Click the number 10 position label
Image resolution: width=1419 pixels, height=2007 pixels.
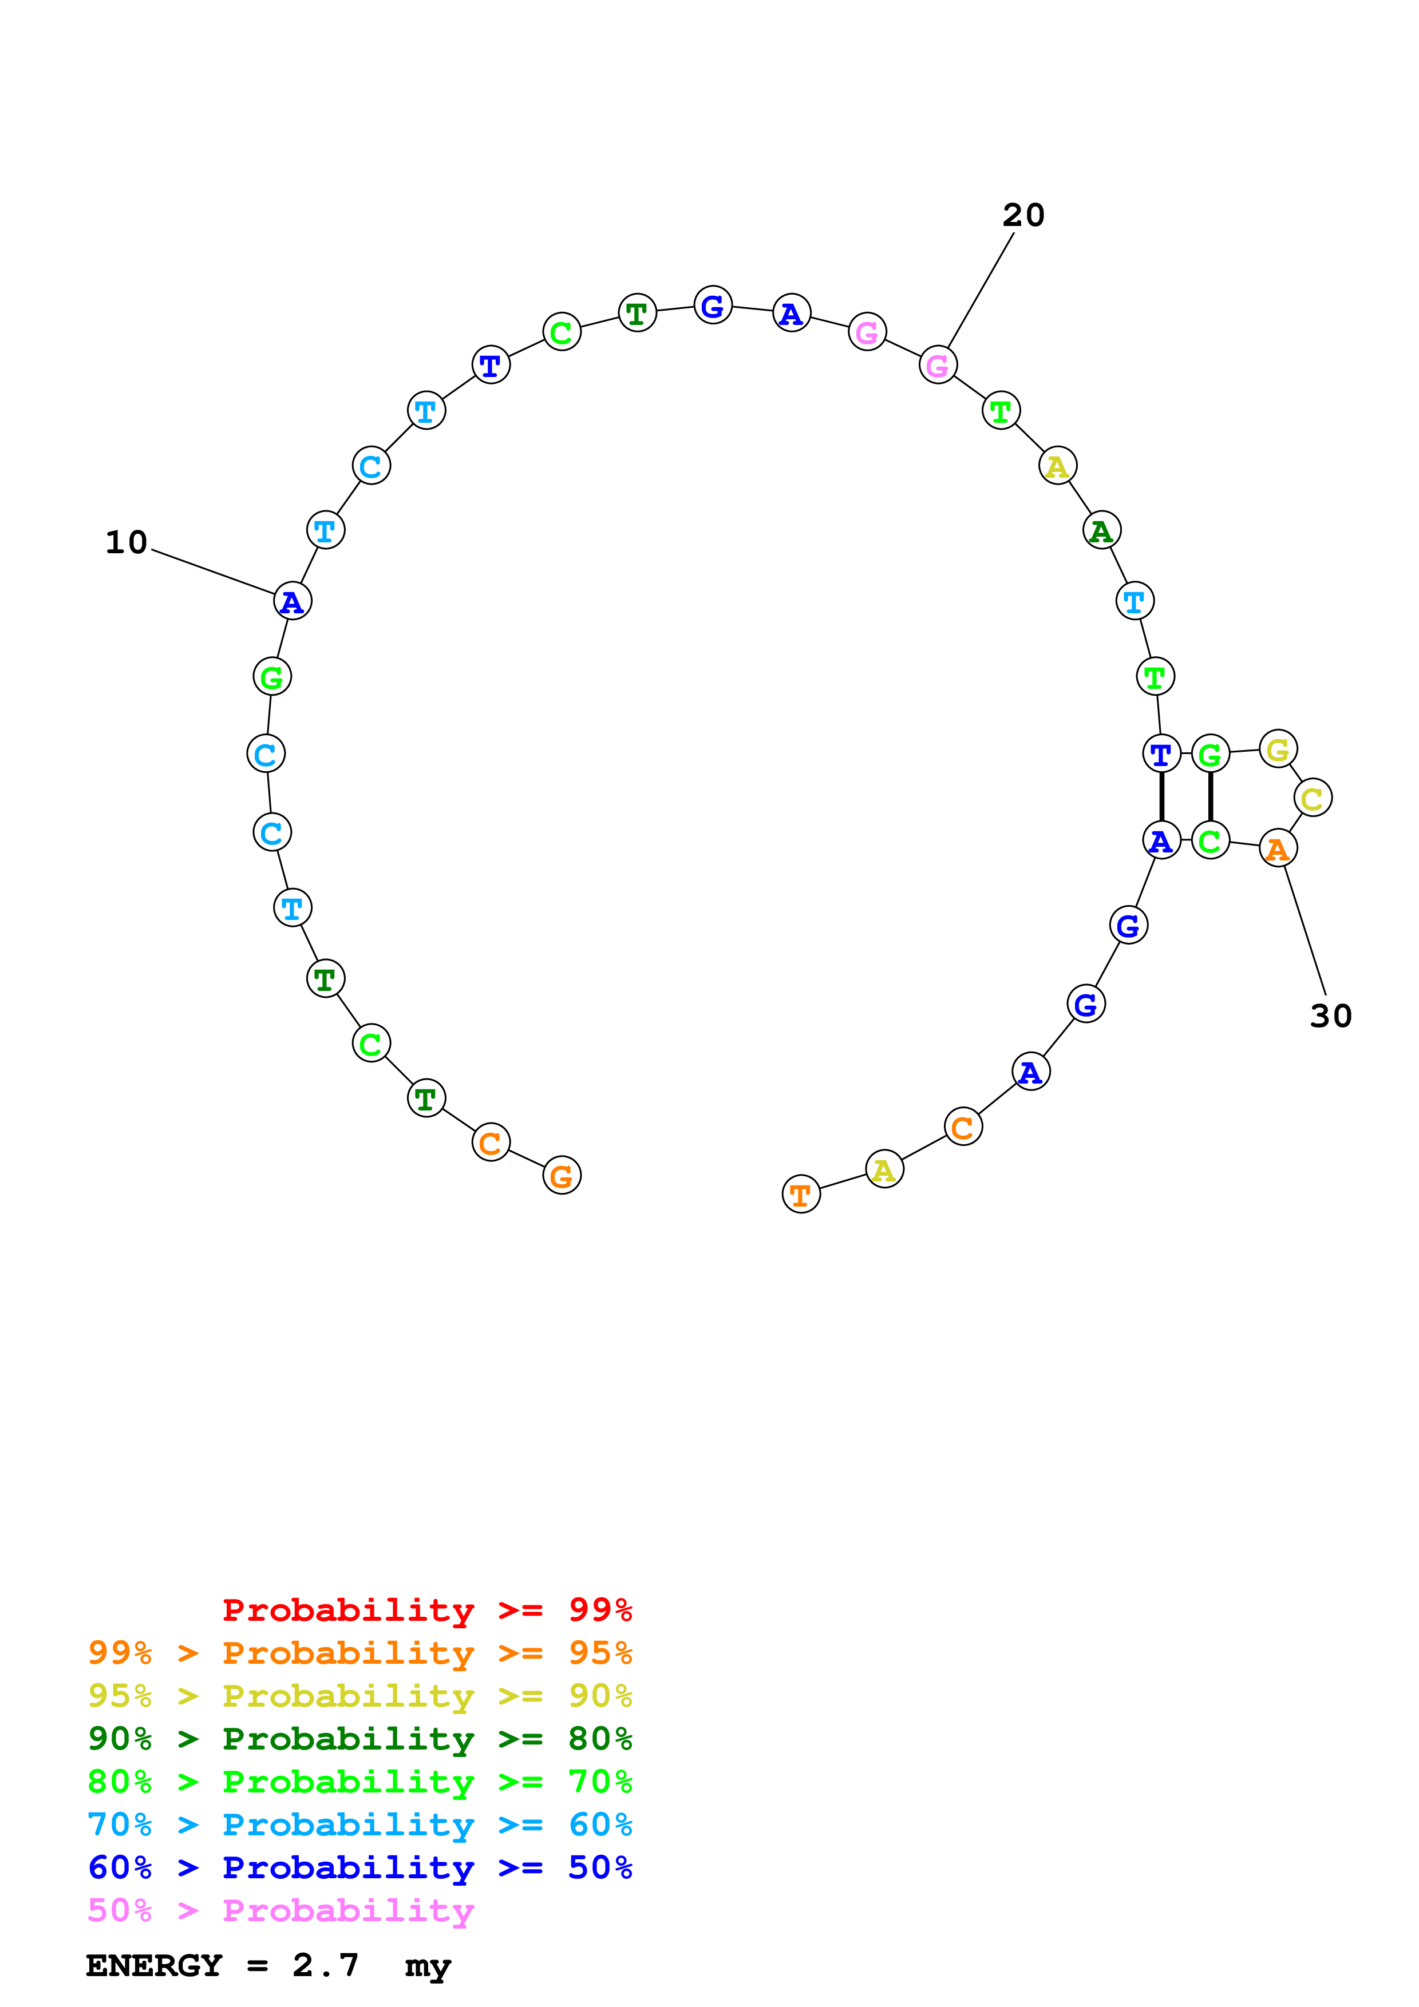point(127,543)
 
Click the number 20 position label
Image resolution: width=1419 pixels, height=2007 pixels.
point(1023,215)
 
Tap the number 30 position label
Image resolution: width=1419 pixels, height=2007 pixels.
point(1330,1016)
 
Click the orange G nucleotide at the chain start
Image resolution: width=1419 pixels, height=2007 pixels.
point(562,1176)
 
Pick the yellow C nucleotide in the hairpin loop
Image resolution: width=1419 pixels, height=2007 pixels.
point(1313,798)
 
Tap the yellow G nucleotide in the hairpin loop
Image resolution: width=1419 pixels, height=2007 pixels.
point(1278,749)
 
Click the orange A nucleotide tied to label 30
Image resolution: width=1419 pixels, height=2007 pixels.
point(1278,848)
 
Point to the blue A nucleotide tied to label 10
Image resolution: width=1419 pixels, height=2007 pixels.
point(292,601)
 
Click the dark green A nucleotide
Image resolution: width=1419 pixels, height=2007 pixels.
point(1102,530)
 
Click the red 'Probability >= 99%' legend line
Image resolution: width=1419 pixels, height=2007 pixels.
point(426,1609)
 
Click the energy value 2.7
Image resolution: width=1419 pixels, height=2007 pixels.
point(325,1965)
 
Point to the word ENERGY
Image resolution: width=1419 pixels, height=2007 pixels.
point(154,1965)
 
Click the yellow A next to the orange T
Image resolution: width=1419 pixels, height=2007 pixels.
point(884,1169)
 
